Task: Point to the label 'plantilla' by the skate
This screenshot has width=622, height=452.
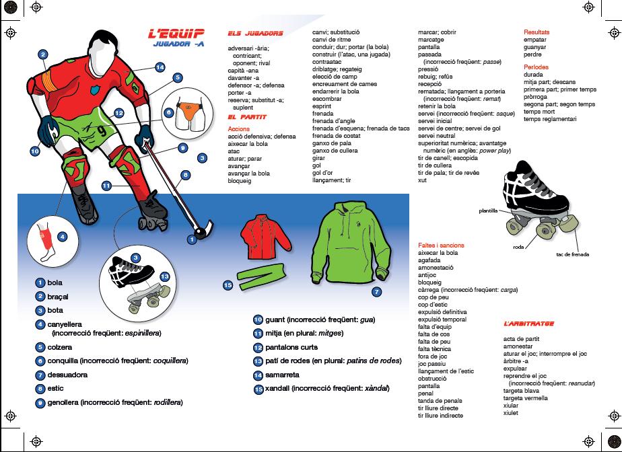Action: [x=489, y=211]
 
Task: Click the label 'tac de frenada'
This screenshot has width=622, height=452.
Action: [x=572, y=254]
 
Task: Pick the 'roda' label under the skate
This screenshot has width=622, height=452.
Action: [x=518, y=247]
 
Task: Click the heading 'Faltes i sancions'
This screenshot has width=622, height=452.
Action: [x=441, y=246]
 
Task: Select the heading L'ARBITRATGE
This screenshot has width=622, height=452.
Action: [x=528, y=324]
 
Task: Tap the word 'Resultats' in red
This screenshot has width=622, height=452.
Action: [x=537, y=32]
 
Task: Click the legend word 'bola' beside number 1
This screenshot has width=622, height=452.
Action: [x=55, y=283]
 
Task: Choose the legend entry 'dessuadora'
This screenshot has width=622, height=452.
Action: [x=67, y=375]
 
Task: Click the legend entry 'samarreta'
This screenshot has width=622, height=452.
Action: [x=282, y=375]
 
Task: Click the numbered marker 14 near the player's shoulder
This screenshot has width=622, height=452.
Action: [x=160, y=67]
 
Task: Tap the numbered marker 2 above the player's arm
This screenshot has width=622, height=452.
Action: [x=42, y=54]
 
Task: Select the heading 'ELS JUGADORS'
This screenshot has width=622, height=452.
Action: [x=255, y=34]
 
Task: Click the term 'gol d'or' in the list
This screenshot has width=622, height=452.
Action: [x=324, y=173]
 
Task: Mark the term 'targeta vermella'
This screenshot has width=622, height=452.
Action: [x=525, y=398]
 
